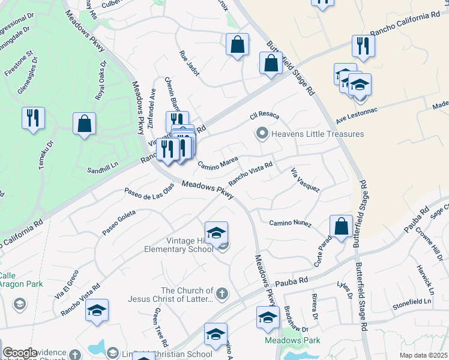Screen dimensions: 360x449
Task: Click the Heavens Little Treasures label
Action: [318, 134]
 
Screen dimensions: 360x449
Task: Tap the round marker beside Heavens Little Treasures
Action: [262, 133]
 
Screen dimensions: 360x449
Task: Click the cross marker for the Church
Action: [222, 294]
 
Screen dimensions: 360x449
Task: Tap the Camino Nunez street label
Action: [290, 223]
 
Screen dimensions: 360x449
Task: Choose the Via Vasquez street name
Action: [306, 180]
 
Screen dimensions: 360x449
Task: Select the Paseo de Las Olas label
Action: [149, 192]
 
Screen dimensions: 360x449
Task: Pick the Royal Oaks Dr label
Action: [100, 80]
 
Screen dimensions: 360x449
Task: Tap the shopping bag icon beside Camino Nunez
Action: [341, 227]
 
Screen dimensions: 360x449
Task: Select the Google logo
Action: [20, 353]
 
